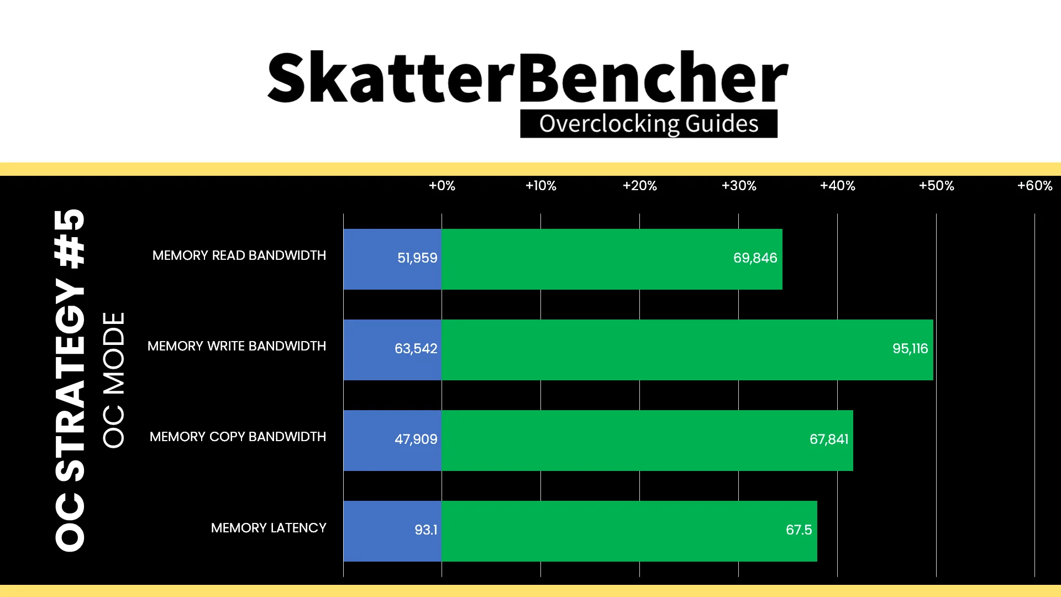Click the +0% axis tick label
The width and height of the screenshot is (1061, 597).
pos(442,186)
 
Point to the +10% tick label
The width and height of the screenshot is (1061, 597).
pos(541,186)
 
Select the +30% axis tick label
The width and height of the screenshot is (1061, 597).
pos(739,186)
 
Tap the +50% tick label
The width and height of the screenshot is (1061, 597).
pos(937,186)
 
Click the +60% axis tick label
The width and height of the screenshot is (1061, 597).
pos(1035,186)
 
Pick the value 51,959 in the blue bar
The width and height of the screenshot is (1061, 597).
pos(417,258)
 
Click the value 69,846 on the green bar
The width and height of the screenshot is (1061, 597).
pos(755,258)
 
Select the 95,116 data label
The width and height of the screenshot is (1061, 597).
pos(910,349)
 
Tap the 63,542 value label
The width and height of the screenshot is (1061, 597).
pos(416,349)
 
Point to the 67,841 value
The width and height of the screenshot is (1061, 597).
pos(829,439)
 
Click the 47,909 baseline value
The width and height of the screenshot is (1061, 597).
pos(416,439)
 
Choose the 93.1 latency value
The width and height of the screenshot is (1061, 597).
pos(426,530)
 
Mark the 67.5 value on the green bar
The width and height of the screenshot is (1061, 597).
pos(799,530)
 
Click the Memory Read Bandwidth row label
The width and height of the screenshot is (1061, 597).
pos(239,255)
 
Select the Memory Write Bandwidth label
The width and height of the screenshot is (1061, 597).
pos(237,346)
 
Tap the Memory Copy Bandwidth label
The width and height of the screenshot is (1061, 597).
pos(238,437)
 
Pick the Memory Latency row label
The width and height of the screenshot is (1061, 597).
pos(269,528)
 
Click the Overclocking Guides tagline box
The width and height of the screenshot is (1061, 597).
pos(649,124)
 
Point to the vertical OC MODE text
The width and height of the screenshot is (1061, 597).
pos(114,380)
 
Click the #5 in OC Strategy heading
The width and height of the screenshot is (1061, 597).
pos(70,238)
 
